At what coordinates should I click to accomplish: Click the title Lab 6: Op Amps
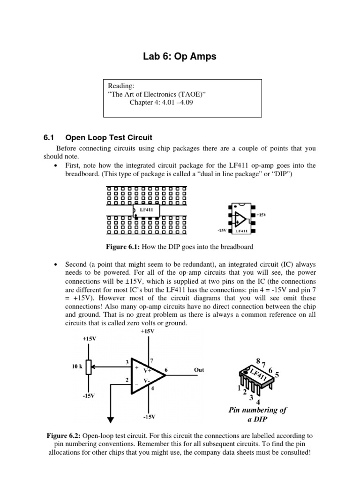(x=180, y=57)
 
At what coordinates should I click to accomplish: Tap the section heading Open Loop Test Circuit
(x=109, y=137)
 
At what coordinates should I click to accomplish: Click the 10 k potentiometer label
(x=78, y=367)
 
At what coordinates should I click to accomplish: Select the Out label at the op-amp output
(x=199, y=370)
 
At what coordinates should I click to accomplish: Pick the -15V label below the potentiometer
(x=88, y=396)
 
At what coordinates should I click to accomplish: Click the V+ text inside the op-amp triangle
(x=147, y=370)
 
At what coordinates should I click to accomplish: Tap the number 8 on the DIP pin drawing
(x=259, y=360)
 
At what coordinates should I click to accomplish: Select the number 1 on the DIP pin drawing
(x=239, y=389)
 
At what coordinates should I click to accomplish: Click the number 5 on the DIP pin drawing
(x=277, y=375)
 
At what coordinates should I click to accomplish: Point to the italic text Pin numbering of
(x=258, y=410)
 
